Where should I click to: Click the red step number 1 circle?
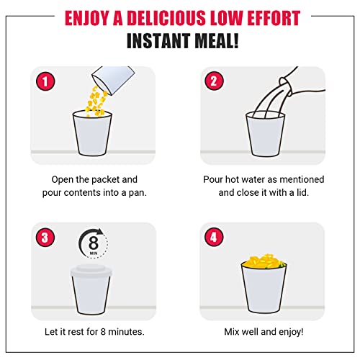(45, 81)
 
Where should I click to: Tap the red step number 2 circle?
(214, 81)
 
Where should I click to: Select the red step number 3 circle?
(45, 238)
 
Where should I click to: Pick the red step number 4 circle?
(214, 237)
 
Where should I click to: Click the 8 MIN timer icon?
(94, 243)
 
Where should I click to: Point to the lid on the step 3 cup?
(91, 271)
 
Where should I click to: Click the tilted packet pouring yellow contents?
(113, 79)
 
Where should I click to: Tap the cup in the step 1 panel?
(92, 133)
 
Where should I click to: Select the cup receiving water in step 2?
(265, 134)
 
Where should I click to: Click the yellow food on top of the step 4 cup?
(264, 261)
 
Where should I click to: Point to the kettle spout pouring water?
(287, 86)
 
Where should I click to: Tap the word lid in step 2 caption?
(302, 192)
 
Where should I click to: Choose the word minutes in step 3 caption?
(126, 332)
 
